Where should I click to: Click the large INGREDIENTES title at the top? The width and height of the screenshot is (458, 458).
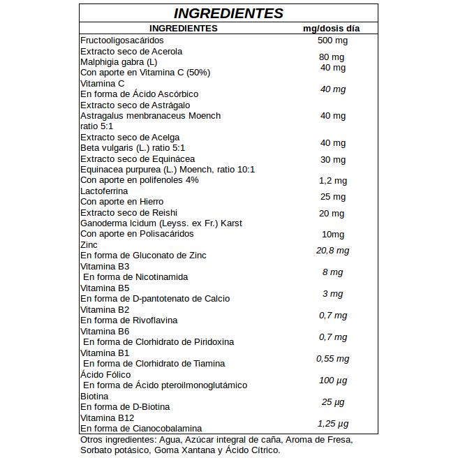[x=228, y=13]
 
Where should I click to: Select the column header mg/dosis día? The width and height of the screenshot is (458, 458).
[x=331, y=28]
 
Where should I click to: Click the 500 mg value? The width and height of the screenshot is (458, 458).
[x=332, y=40]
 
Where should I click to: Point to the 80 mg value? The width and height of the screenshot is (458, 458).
[x=332, y=57]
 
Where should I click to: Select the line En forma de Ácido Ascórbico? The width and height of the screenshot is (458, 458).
[x=140, y=94]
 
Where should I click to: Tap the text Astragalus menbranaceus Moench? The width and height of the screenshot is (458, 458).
[x=150, y=115]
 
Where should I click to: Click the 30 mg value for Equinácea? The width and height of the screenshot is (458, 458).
[x=333, y=160]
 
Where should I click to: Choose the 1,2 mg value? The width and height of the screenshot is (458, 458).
[x=333, y=181]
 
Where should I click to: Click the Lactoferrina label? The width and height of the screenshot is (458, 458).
[x=104, y=191]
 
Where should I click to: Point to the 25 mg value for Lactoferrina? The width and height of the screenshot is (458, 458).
[x=333, y=197]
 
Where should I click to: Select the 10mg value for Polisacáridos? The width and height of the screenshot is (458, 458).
[x=333, y=234]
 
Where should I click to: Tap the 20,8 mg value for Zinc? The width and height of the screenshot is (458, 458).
[x=332, y=251]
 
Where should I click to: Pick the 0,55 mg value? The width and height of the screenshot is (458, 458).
[x=332, y=358]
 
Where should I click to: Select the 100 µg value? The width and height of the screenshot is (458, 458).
[x=332, y=380]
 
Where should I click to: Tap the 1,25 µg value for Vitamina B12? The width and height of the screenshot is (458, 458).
[x=332, y=423]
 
